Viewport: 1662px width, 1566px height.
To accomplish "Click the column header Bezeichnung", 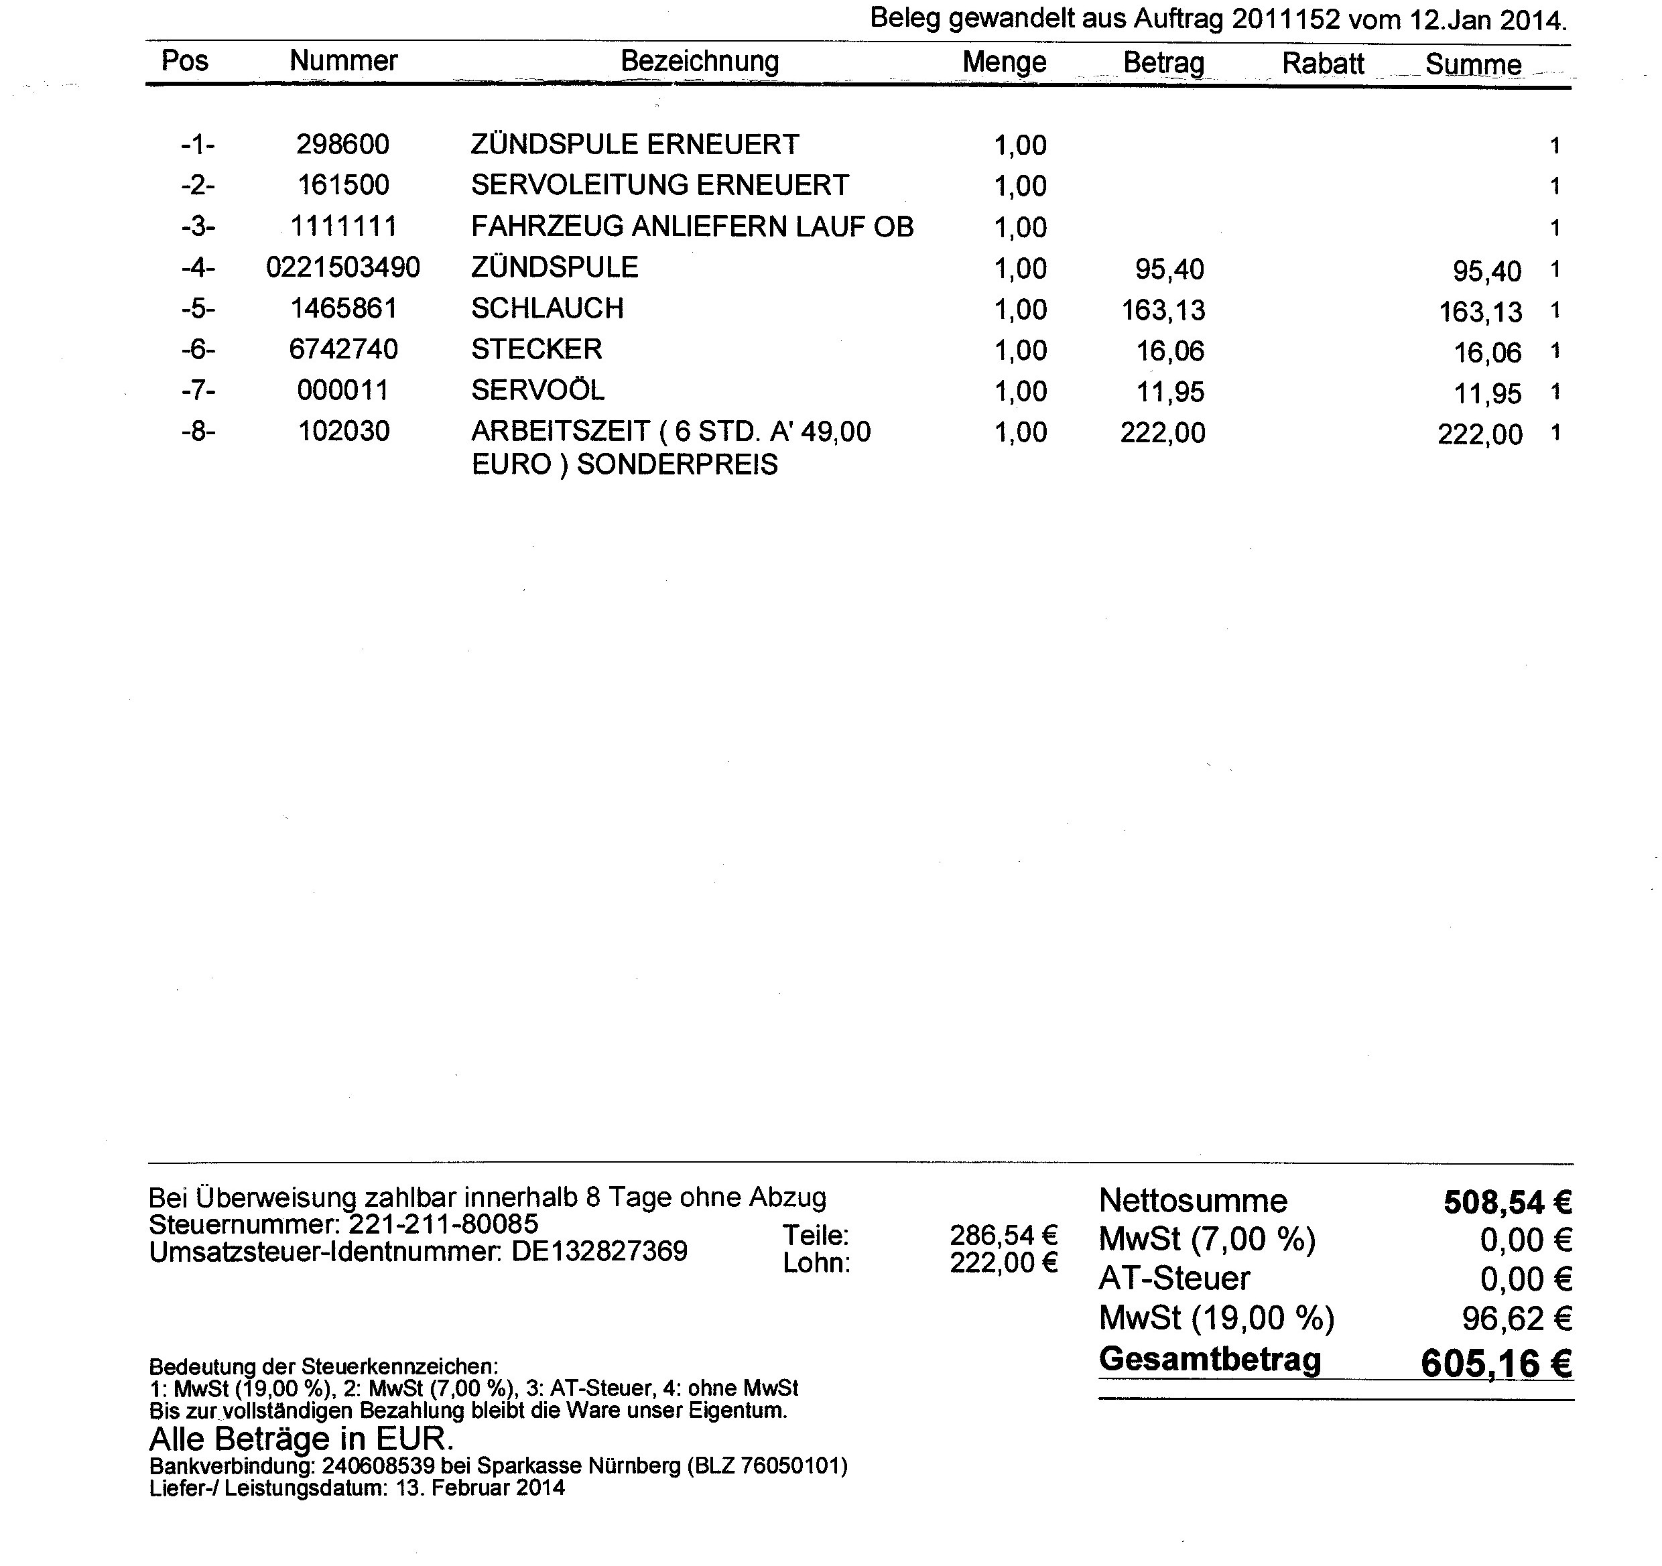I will [700, 61].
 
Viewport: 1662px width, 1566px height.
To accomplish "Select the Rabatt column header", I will [1323, 64].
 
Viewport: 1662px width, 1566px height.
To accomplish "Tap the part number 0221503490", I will [342, 267].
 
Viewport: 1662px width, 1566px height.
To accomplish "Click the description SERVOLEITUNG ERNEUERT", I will [659, 185].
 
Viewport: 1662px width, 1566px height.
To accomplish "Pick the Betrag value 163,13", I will [1163, 310].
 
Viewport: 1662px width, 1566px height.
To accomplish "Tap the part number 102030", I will [344, 432].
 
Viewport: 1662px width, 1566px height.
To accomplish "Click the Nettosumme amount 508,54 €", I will [1507, 1202].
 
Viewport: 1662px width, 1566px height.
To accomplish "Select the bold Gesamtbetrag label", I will [1210, 1359].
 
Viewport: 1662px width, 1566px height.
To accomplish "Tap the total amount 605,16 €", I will [1496, 1364].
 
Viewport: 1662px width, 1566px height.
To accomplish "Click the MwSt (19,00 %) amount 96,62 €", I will [1517, 1319].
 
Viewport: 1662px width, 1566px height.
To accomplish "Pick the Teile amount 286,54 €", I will [1003, 1235].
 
